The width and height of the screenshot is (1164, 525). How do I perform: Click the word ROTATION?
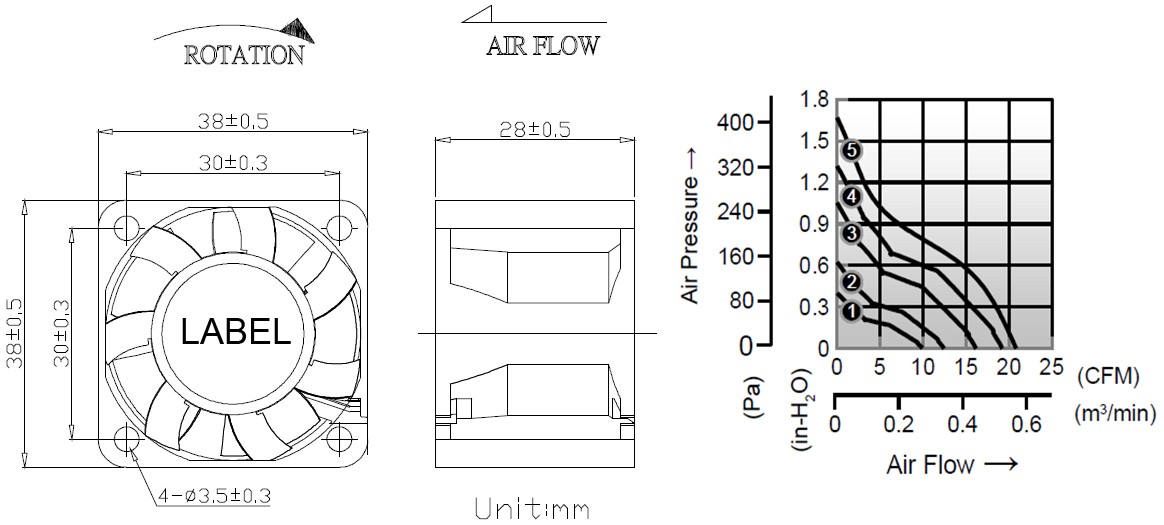point(244,55)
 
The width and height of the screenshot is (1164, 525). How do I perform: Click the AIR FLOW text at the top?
point(543,45)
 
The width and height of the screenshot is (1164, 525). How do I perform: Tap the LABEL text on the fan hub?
point(235,332)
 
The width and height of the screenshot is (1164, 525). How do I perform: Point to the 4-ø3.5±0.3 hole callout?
point(213,495)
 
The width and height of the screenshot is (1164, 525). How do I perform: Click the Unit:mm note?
point(532,509)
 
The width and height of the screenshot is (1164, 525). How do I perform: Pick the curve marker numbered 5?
point(851,151)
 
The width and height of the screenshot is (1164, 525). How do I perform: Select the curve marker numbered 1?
point(851,313)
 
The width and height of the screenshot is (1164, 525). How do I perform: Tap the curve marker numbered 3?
point(851,233)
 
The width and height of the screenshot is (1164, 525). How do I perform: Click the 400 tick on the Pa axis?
point(735,122)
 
